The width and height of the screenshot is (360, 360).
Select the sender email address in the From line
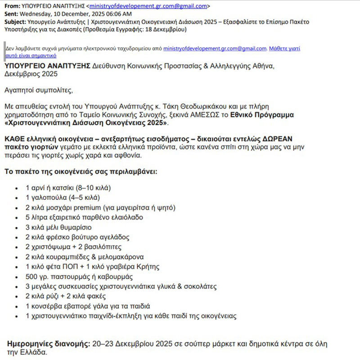[x=148, y=6]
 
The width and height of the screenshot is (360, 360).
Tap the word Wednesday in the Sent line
[x=38, y=14]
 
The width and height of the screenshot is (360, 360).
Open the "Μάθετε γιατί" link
[x=284, y=49]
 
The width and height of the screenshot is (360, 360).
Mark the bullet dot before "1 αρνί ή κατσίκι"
[x=17, y=188]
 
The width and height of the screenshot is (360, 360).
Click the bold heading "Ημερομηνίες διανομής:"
[x=49, y=344]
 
